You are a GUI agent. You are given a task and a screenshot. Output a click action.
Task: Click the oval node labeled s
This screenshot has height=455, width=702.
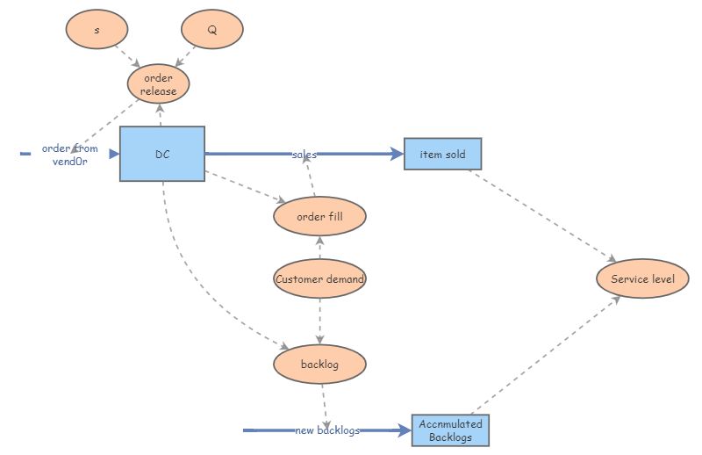[97, 29]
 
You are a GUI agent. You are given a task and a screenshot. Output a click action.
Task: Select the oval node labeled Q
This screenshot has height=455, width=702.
[212, 29]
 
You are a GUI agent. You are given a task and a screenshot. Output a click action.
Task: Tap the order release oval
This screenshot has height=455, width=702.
[159, 83]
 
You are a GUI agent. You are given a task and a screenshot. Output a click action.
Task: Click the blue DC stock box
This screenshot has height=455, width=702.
[162, 154]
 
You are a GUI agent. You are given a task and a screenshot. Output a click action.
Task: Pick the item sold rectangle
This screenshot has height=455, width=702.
[443, 154]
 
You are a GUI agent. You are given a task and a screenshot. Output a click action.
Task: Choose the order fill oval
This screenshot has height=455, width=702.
[319, 216]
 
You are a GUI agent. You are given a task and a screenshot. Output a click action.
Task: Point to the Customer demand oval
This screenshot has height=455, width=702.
[319, 278]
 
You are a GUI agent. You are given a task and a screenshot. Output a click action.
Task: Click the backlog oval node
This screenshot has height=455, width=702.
[319, 364]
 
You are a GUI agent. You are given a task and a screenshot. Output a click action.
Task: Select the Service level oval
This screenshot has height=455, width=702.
[642, 278]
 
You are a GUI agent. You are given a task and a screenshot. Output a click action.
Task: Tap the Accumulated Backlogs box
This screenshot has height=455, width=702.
[450, 430]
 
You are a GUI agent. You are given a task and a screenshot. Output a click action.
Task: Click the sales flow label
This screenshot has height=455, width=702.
[304, 155]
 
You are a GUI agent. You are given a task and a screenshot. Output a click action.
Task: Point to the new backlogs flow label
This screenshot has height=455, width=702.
[327, 430]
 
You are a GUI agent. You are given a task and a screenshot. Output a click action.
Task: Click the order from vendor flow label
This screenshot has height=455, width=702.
[70, 155]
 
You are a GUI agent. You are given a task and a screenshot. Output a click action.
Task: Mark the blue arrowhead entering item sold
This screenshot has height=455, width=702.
[397, 154]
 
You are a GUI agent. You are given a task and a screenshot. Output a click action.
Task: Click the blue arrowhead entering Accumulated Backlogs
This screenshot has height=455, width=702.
[405, 430]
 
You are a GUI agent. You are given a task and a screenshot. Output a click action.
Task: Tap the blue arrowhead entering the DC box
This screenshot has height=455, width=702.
[114, 154]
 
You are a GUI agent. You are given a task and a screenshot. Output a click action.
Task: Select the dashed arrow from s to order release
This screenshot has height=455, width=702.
[127, 56]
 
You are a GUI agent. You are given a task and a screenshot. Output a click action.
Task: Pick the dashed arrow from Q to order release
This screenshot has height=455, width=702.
[185, 56]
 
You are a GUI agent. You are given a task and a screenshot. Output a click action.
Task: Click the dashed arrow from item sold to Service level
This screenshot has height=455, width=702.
[542, 216]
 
